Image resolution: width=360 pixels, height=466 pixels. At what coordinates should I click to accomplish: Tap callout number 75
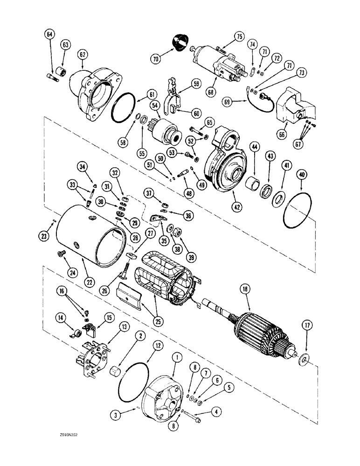(x=240, y=36)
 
